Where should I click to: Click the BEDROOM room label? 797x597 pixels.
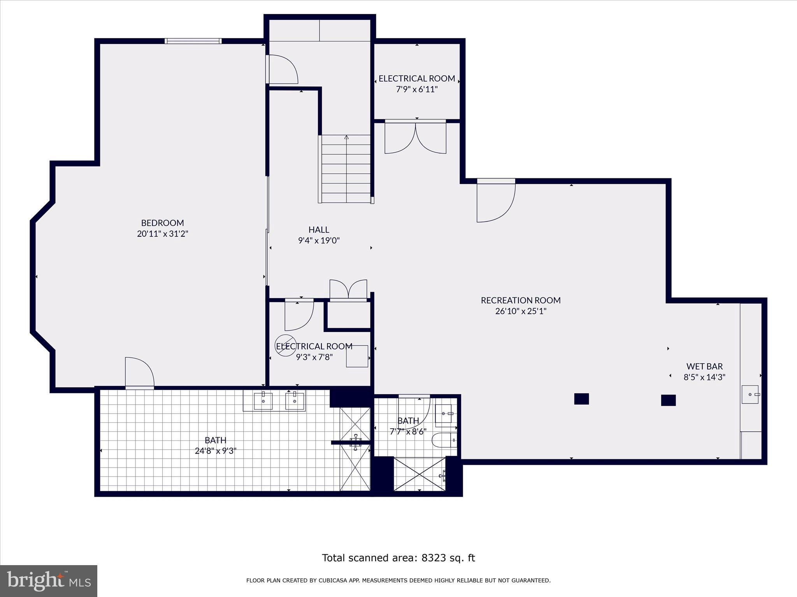click(163, 223)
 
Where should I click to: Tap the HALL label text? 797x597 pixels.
click(319, 230)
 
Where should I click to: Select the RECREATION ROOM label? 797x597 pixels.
click(521, 300)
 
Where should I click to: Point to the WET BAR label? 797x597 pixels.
click(704, 367)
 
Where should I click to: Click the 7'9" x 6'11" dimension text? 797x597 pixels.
click(417, 89)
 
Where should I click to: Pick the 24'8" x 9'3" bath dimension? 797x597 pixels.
click(216, 451)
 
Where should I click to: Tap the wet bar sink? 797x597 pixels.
click(750, 395)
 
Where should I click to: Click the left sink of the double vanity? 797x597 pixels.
click(263, 401)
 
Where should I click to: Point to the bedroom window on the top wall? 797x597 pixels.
click(193, 41)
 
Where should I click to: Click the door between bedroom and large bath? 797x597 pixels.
click(140, 372)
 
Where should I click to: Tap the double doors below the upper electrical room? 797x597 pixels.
click(415, 138)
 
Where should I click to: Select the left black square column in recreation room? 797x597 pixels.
click(581, 399)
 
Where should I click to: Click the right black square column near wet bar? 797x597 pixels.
click(668, 400)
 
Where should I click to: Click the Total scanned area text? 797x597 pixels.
click(398, 558)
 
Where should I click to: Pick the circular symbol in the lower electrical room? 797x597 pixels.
click(285, 345)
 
